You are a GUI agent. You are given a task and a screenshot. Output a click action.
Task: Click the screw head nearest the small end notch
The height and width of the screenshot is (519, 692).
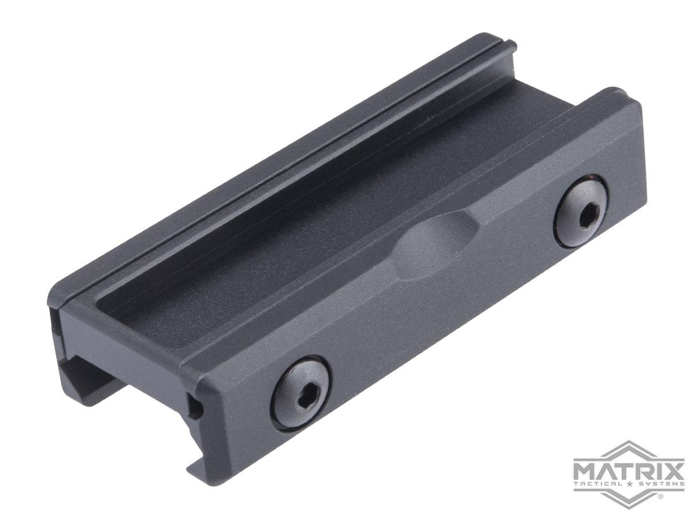(301, 393)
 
